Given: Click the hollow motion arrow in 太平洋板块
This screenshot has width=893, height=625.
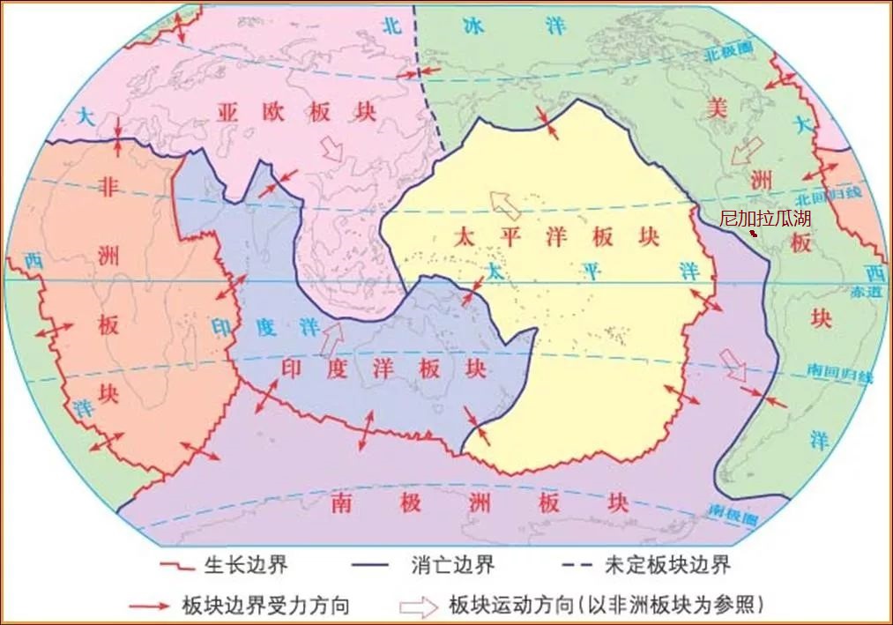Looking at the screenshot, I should coord(504,205).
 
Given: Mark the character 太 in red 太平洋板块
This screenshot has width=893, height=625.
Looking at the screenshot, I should coord(465,237).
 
